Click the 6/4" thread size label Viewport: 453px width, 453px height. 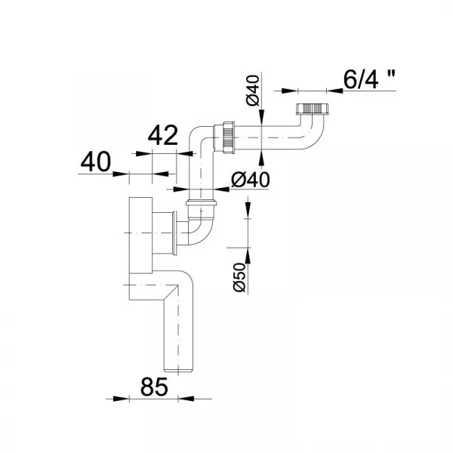(369, 79)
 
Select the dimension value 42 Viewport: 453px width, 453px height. (163, 135)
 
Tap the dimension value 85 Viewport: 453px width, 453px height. (154, 387)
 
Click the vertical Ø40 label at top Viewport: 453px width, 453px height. (253, 91)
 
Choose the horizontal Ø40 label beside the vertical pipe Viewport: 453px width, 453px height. (251, 180)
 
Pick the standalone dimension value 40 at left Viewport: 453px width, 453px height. (96, 162)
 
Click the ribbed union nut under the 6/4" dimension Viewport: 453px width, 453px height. (312, 109)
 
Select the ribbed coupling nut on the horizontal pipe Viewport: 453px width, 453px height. (229, 138)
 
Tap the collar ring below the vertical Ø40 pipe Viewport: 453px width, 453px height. (202, 202)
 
